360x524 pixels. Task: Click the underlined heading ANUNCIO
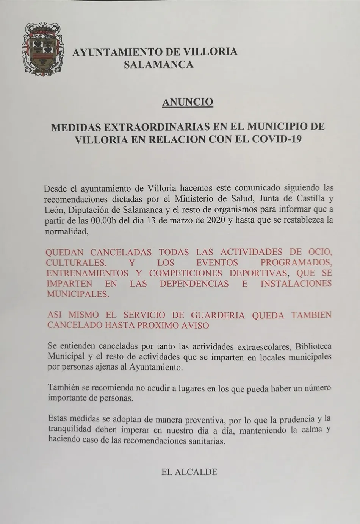point(188,102)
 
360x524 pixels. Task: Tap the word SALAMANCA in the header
point(159,65)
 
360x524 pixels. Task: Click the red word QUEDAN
point(65,252)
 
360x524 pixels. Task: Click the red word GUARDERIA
point(218,315)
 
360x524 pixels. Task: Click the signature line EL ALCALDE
point(189,472)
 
